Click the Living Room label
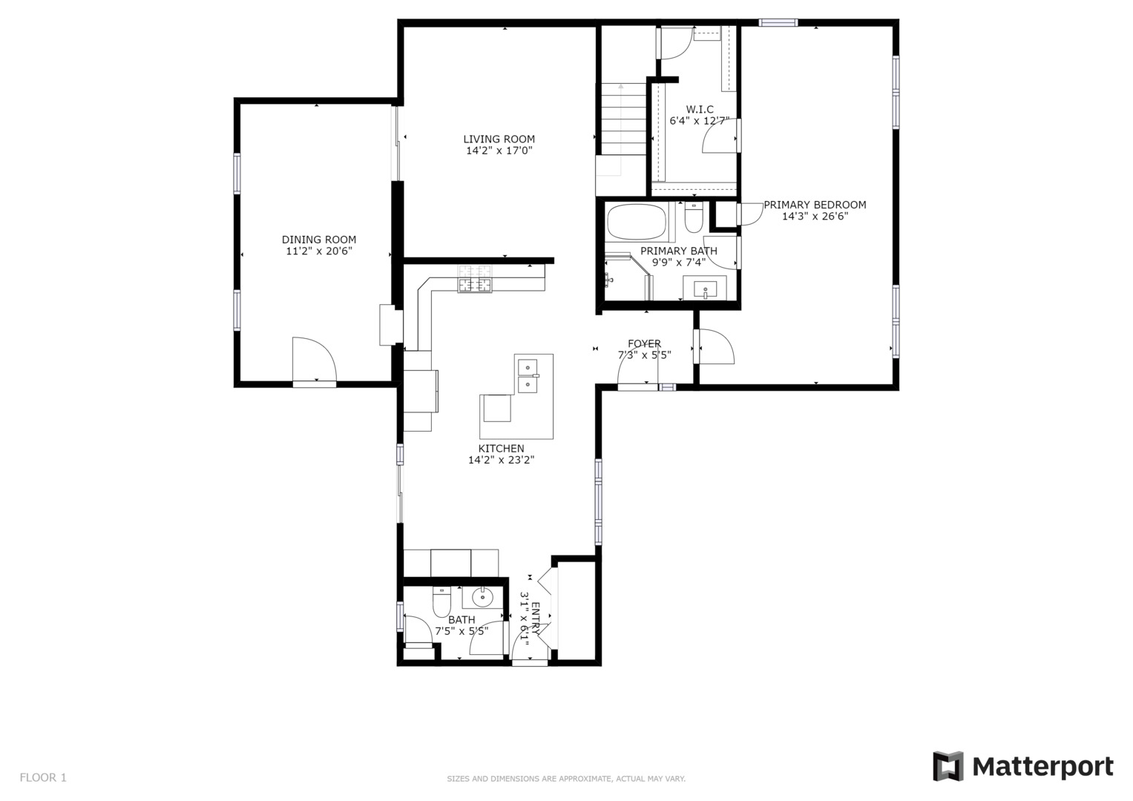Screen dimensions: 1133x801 [x=499, y=139]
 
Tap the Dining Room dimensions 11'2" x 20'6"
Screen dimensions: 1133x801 [x=318, y=251]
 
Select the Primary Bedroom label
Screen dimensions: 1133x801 [x=815, y=205]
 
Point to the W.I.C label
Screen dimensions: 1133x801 [x=700, y=109]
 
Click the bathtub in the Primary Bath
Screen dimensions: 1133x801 [x=637, y=222]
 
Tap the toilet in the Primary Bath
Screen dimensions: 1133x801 [x=694, y=217]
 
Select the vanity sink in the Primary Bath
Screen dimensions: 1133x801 [x=705, y=289]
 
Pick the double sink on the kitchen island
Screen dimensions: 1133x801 [x=528, y=376]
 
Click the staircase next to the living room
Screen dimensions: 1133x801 [x=623, y=119]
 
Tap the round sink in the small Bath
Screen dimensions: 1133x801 [x=482, y=597]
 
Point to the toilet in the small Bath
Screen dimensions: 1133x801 [x=441, y=601]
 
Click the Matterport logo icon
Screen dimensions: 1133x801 [x=948, y=766]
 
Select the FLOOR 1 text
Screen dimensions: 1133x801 [x=43, y=778]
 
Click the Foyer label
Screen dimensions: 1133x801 [x=644, y=344]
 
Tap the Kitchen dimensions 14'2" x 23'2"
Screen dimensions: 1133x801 [x=502, y=460]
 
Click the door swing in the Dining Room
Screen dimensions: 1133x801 [x=314, y=358]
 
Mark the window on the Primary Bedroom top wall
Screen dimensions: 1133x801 [x=778, y=22]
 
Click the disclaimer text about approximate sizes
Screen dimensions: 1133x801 [x=566, y=779]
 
